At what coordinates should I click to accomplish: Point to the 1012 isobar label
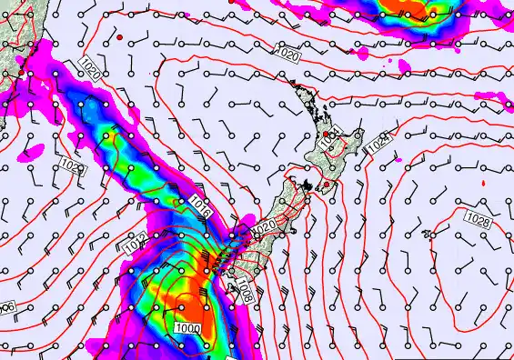(x=135, y=244)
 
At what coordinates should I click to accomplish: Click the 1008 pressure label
(x=243, y=290)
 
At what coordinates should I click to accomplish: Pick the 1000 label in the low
(x=188, y=326)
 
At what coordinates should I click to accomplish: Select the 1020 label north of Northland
(x=287, y=55)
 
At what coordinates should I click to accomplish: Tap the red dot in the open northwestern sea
(x=119, y=37)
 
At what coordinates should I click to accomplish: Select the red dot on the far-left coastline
(x=21, y=71)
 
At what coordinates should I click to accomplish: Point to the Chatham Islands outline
(x=427, y=234)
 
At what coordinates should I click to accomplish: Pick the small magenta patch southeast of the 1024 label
(x=398, y=160)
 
